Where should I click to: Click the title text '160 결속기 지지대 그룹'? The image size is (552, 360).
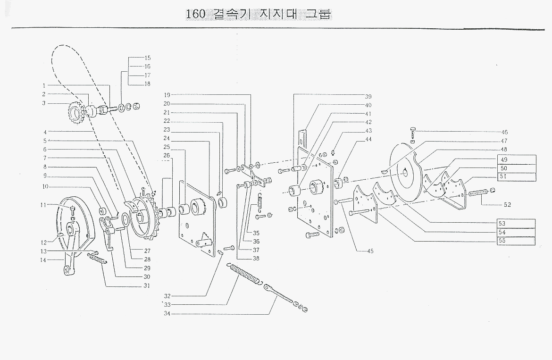point(259,14)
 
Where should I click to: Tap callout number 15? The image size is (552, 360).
point(148,58)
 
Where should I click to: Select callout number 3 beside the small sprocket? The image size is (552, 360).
point(43,103)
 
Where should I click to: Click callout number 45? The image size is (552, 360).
point(370,251)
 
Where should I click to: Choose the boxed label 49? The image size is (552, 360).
point(504,159)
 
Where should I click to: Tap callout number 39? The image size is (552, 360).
point(368,96)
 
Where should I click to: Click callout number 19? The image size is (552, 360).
point(167,94)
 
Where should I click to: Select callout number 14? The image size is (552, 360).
point(44,260)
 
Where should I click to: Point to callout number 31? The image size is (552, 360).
point(147,286)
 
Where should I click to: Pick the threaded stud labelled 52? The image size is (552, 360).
point(480,193)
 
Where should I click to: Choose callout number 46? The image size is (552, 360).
point(504,133)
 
